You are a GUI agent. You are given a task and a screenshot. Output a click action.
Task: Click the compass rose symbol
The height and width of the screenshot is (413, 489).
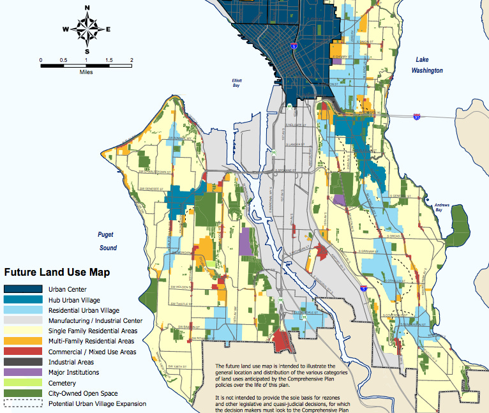click(87, 29)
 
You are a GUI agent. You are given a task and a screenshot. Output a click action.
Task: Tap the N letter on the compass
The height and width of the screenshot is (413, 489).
click(87, 7)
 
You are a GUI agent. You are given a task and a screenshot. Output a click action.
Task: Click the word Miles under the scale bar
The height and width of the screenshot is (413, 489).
click(86, 72)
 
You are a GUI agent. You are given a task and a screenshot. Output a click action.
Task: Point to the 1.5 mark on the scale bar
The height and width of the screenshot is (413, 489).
click(109, 59)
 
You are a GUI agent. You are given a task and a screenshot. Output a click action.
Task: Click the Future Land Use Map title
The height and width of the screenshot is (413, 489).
click(57, 272)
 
